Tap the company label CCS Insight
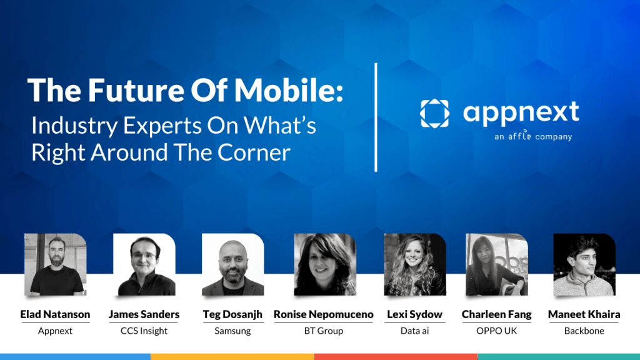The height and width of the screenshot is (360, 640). pyautogui.click(x=144, y=331)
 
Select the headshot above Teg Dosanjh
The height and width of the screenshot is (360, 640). pyautogui.click(x=232, y=264)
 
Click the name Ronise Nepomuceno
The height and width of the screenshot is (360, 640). pyautogui.click(x=324, y=314)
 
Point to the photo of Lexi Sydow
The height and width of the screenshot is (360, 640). pyautogui.click(x=414, y=264)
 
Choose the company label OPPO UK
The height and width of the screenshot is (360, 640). pyautogui.click(x=496, y=331)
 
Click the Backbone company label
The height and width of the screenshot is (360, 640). pyautogui.click(x=584, y=331)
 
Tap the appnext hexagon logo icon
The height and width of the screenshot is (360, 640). pyautogui.click(x=434, y=113)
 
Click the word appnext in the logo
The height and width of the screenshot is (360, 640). pyautogui.click(x=521, y=113)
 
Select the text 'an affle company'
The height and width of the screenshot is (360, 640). pyautogui.click(x=532, y=136)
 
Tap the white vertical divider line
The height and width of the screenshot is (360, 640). pyautogui.click(x=376, y=117)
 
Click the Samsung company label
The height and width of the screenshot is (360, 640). pyautogui.click(x=232, y=331)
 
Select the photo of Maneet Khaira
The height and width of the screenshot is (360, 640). pyautogui.click(x=584, y=264)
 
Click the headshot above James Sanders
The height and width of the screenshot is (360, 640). pyautogui.click(x=144, y=264)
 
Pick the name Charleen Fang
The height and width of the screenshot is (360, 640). pyautogui.click(x=496, y=314)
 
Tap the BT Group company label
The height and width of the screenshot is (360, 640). pyautogui.click(x=324, y=331)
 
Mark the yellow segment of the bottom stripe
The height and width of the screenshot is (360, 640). pyautogui.click(x=232, y=356)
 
